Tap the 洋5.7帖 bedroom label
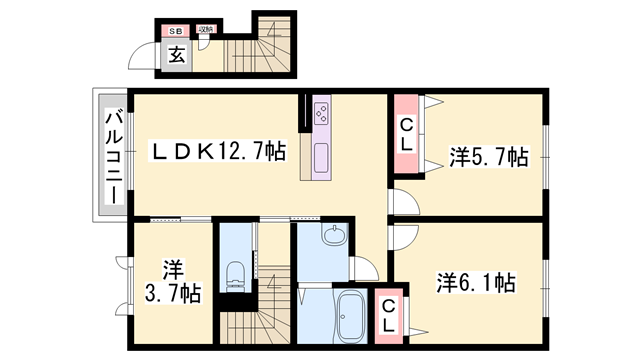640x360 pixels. [488, 156]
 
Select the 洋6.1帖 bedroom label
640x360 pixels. [476, 283]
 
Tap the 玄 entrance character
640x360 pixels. [176, 57]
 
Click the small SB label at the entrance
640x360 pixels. [174, 31]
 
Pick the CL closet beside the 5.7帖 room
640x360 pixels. [406, 134]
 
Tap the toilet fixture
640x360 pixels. [237, 275]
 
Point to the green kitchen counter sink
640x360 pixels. [322, 158]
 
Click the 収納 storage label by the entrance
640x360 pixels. [203, 30]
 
